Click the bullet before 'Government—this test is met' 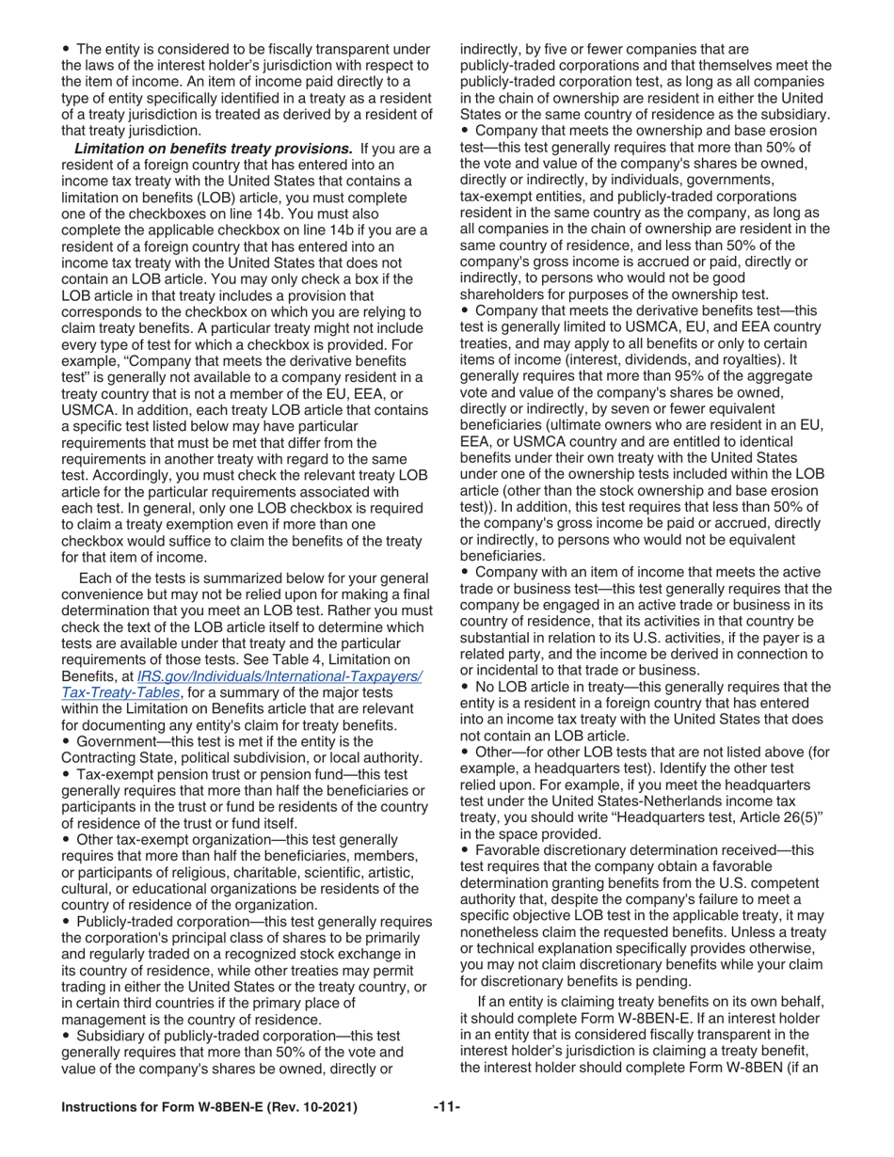point(66,741)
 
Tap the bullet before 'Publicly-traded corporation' point(66,921)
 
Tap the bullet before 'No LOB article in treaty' point(465,687)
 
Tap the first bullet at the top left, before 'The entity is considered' point(66,49)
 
